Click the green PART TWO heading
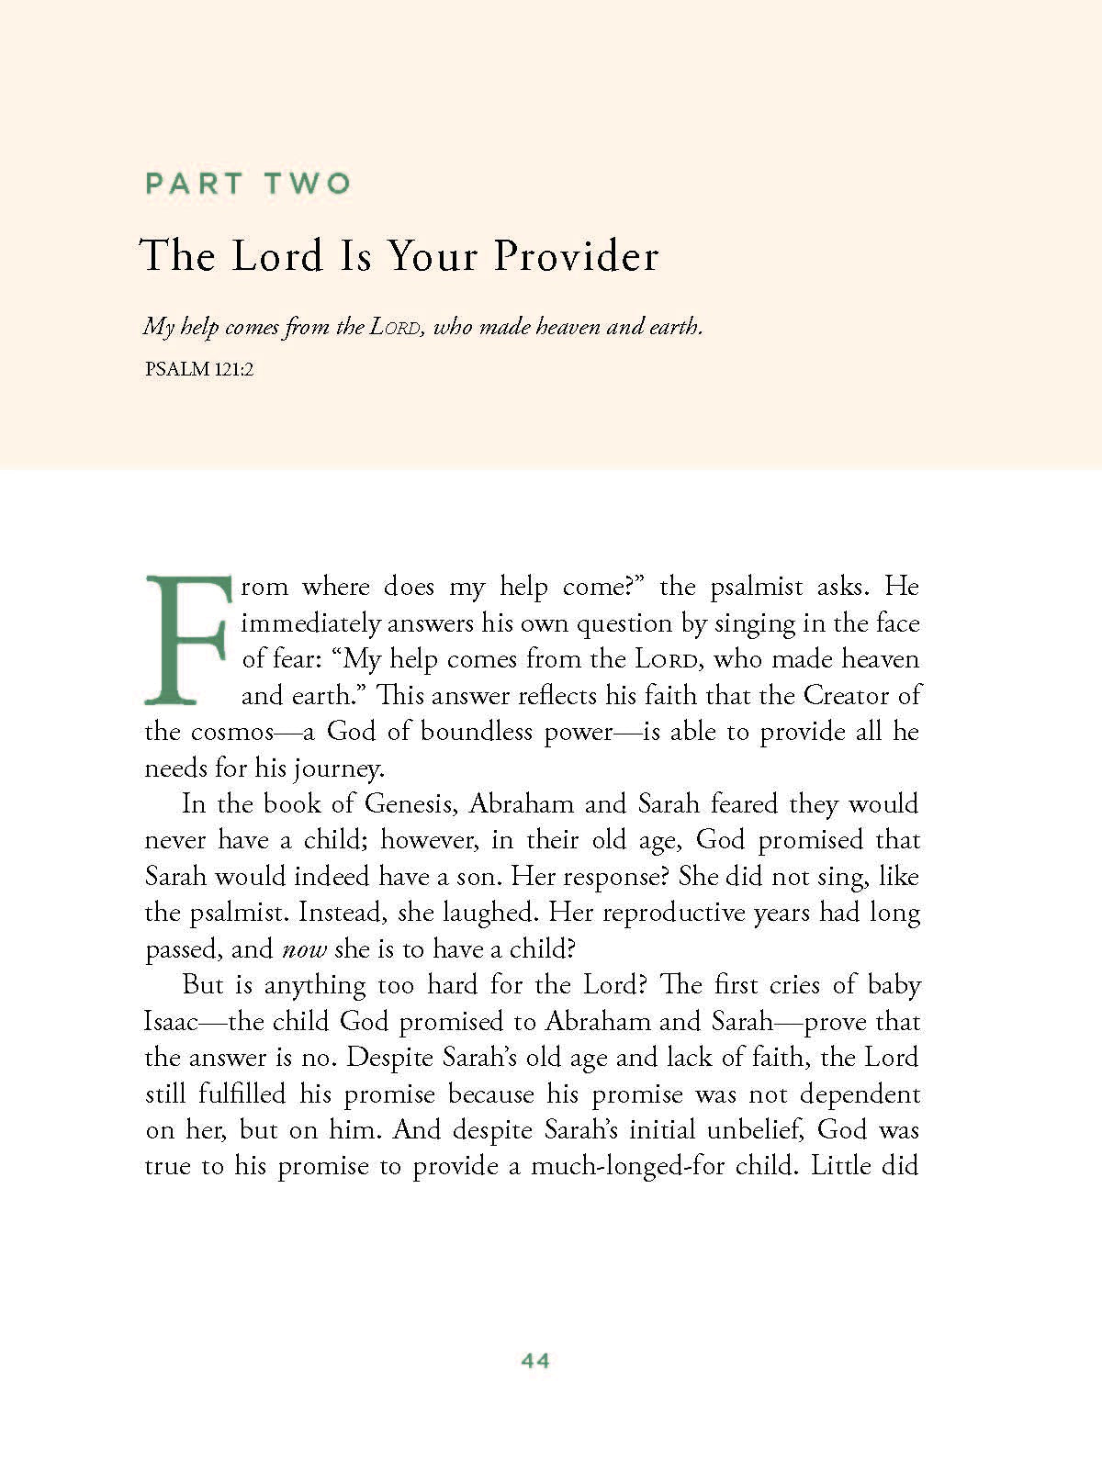click(248, 183)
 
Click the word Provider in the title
click(577, 255)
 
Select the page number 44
click(535, 1361)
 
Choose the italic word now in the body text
click(304, 949)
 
